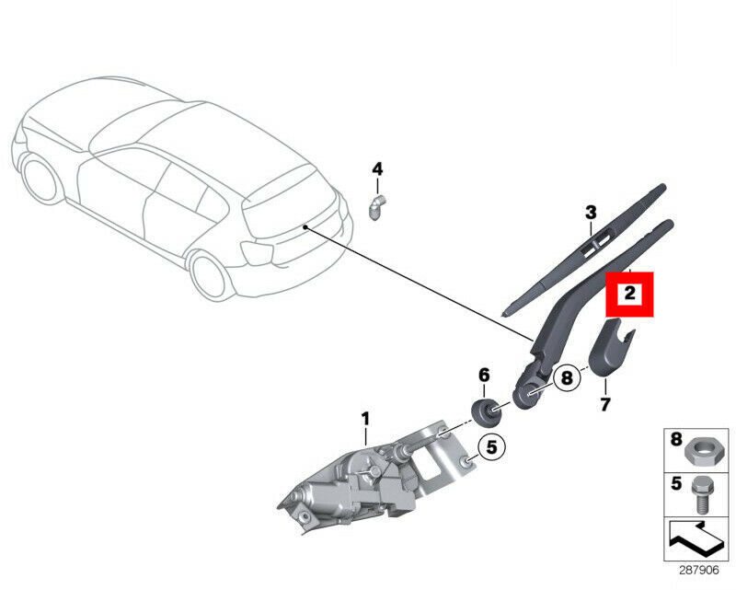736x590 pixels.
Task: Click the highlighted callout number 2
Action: (629, 294)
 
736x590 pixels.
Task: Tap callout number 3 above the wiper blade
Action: (591, 213)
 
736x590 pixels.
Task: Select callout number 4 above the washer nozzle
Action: (377, 168)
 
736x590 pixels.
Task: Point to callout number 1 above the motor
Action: (365, 419)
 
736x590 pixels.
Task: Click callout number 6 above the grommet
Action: (484, 375)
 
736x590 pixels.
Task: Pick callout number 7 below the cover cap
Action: (604, 404)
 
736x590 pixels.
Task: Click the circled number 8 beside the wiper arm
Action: (567, 377)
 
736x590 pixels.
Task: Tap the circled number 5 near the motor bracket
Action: (491, 447)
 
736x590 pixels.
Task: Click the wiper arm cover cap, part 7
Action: (609, 347)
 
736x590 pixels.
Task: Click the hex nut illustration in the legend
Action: (700, 453)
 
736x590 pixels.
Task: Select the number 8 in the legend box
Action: (676, 440)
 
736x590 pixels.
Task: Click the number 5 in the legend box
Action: (676, 484)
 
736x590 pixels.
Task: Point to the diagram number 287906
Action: (699, 570)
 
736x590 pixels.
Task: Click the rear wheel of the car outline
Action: (210, 277)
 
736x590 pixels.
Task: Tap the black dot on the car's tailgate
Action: (305, 227)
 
